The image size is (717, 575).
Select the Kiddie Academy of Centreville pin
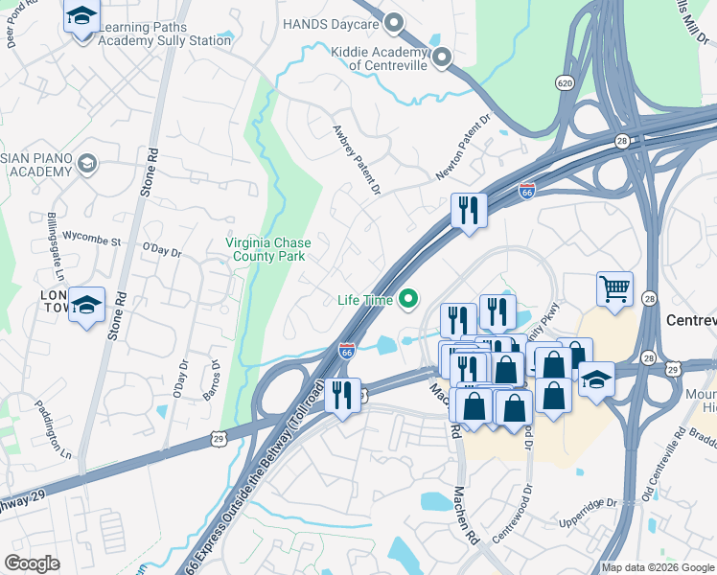click(x=441, y=58)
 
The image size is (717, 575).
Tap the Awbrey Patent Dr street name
click(x=356, y=160)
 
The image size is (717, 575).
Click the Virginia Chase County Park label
click(x=267, y=249)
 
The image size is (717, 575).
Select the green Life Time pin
click(x=409, y=300)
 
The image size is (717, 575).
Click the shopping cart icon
click(x=614, y=287)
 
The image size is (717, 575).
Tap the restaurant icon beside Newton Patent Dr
click(x=469, y=210)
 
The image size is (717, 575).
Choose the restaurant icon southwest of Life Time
click(x=341, y=394)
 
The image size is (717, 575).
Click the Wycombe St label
click(x=91, y=235)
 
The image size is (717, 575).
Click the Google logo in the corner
click(x=32, y=563)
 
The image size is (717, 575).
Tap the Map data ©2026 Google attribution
click(x=658, y=567)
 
